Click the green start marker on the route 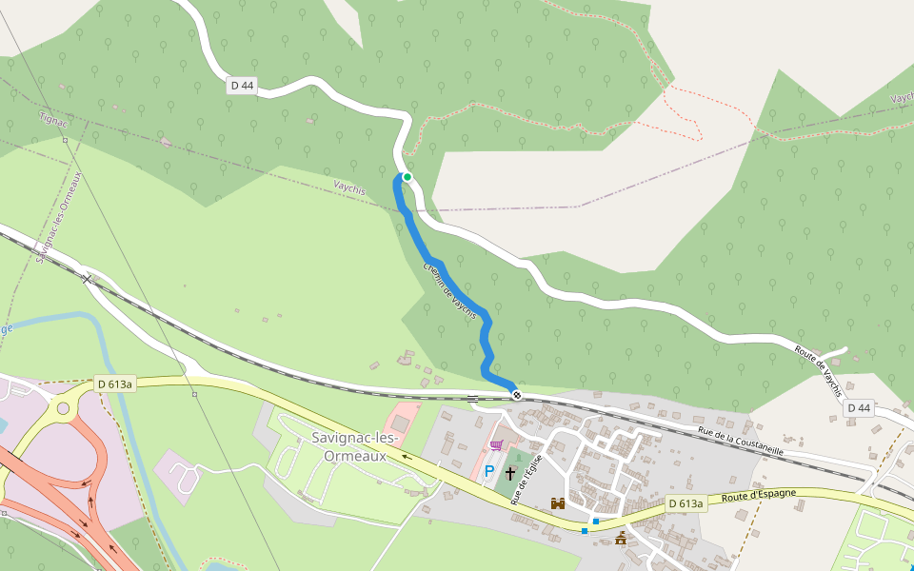tap(407, 176)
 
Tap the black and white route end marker tap(516, 394)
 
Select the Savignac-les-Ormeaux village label tap(354, 446)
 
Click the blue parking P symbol tap(489, 471)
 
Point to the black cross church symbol tap(509, 472)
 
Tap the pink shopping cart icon tap(495, 444)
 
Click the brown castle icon tap(558, 502)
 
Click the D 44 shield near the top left tap(242, 86)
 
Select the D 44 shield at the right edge tap(859, 408)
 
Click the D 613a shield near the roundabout tap(116, 384)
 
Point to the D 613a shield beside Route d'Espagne tap(685, 503)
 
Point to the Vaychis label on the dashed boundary tap(349, 187)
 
